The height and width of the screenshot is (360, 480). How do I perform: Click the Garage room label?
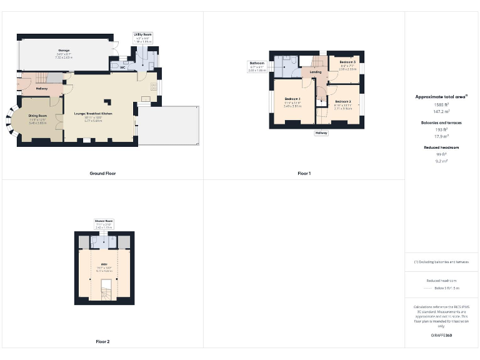pos(64,50)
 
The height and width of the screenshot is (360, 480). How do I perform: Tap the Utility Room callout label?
pos(142,35)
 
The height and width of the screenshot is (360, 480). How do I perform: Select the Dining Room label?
pos(38,116)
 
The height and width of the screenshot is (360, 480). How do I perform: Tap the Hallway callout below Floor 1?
pos(321,132)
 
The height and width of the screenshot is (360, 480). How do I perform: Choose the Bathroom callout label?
pos(257,63)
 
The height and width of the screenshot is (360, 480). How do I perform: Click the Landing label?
pos(316,72)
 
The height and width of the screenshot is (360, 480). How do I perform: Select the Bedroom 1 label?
pos(292,99)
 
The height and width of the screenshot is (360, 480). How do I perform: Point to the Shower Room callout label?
pos(104,221)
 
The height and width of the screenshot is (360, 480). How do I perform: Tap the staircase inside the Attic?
pos(104,291)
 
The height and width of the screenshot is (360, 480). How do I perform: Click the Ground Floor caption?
pos(102,173)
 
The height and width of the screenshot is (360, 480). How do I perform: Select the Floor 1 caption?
pos(304,173)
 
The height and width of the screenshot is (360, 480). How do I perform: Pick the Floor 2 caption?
pos(102,342)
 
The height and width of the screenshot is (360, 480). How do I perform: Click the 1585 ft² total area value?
pos(442,104)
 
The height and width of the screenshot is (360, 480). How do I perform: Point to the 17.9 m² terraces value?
pos(442,136)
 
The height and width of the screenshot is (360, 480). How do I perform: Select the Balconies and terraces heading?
pos(442,122)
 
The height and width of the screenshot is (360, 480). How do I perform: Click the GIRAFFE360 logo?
pos(442,336)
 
